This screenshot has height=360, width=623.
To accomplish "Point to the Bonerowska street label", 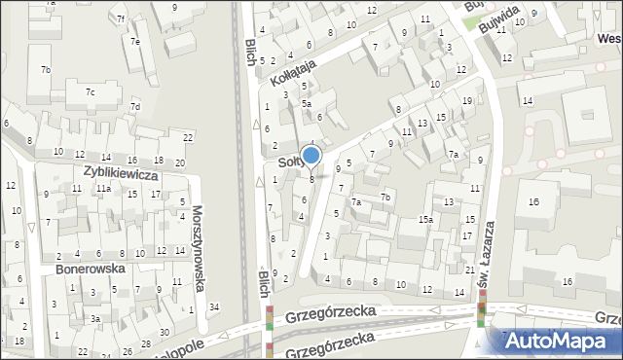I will [90, 268].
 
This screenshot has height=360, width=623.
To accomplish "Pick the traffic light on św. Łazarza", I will [481, 310].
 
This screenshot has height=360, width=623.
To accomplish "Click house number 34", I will [214, 308].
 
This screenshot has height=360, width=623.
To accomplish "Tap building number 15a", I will [426, 220].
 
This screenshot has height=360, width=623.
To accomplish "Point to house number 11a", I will [102, 188].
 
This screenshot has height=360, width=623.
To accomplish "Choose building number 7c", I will [90, 92].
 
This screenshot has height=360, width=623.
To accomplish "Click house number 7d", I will [135, 106].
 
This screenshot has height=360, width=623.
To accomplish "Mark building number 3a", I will [95, 318].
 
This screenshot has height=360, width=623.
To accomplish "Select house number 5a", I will [306, 103].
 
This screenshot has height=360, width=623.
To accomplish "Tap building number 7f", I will [121, 18].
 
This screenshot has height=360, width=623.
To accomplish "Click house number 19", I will [467, 101].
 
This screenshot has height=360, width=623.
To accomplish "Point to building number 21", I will [470, 269].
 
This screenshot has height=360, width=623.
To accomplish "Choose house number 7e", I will [136, 42].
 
